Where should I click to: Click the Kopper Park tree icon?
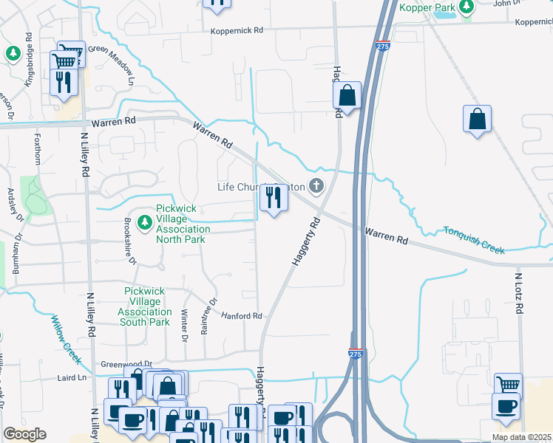tap(466, 7)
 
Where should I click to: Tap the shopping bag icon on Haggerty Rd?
tap(347, 95)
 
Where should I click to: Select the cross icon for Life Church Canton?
tap(316, 186)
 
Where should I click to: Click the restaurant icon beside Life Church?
tap(273, 197)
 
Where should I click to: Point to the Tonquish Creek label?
tap(474, 240)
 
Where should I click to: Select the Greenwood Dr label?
tap(126, 364)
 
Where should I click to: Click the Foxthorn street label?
tap(38, 149)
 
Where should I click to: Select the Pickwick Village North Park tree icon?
tap(145, 220)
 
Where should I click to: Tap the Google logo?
tap(24, 434)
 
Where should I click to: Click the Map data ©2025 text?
tap(521, 437)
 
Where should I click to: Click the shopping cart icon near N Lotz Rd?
tap(508, 385)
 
